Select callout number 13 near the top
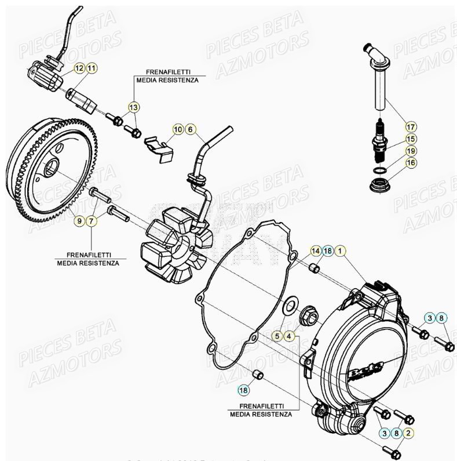[x=133, y=107]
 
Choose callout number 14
[x=315, y=251]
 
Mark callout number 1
[x=340, y=251]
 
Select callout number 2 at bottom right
[x=408, y=433]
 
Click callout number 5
[x=277, y=336]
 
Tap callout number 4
[x=290, y=336]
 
